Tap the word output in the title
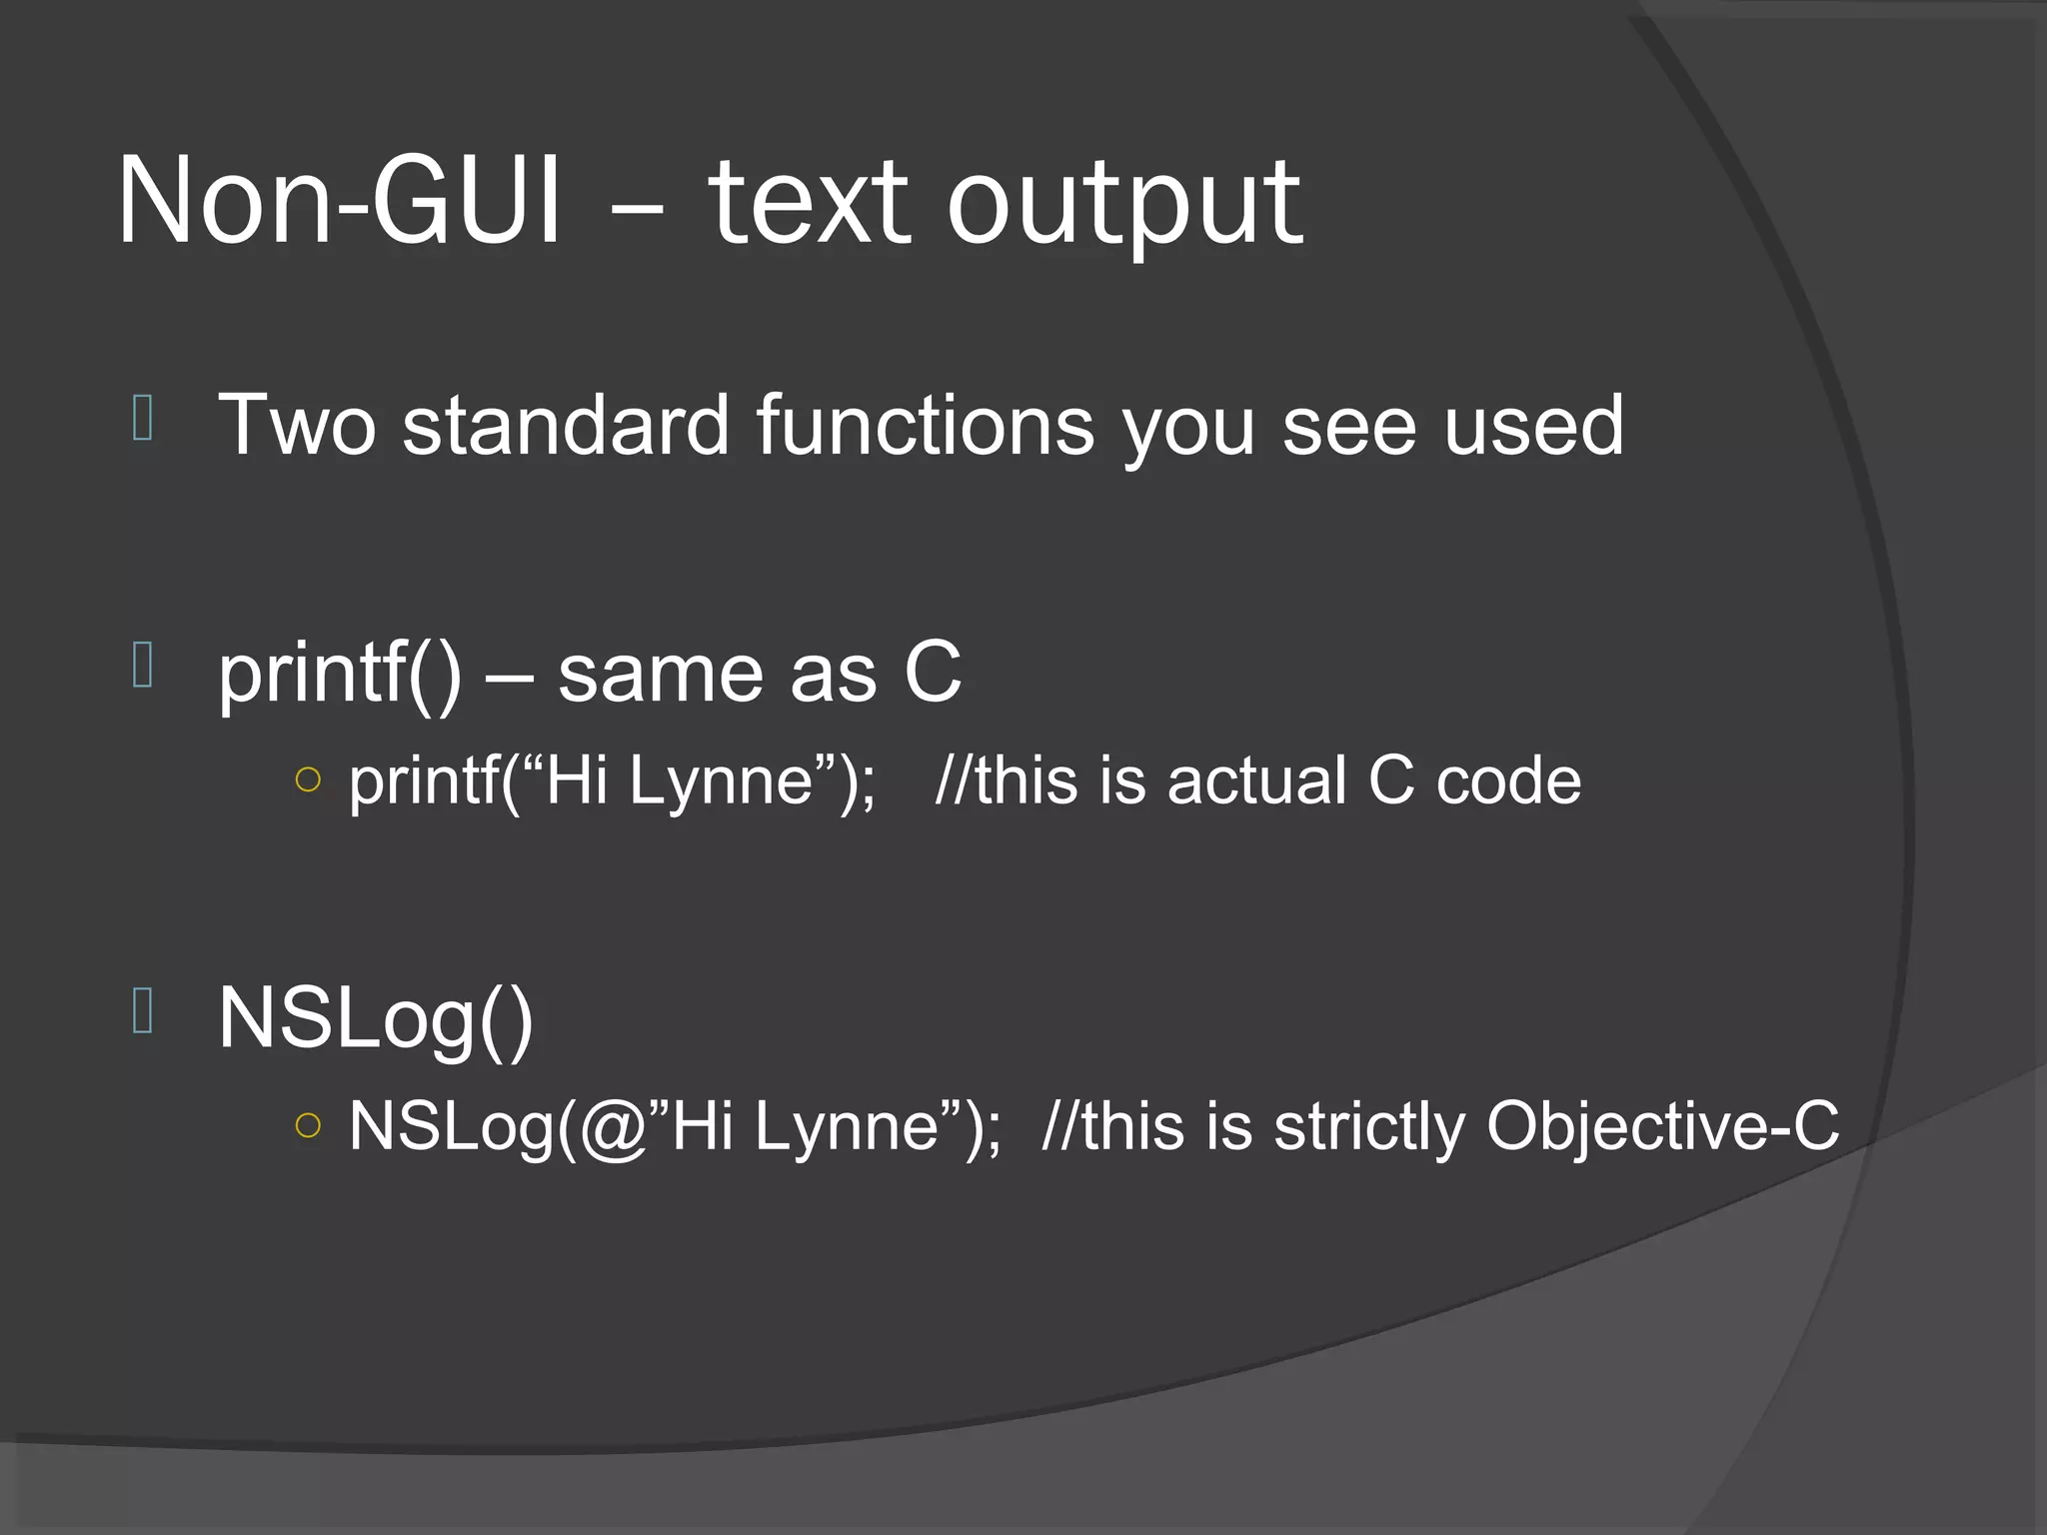(1124, 205)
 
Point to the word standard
(566, 426)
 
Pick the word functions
(926, 426)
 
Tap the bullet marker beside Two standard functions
(142, 418)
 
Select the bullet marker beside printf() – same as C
(142, 666)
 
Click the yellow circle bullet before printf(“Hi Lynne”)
(309, 779)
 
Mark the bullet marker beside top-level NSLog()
(142, 1011)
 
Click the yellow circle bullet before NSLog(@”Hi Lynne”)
(309, 1125)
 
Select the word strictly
(1368, 1127)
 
